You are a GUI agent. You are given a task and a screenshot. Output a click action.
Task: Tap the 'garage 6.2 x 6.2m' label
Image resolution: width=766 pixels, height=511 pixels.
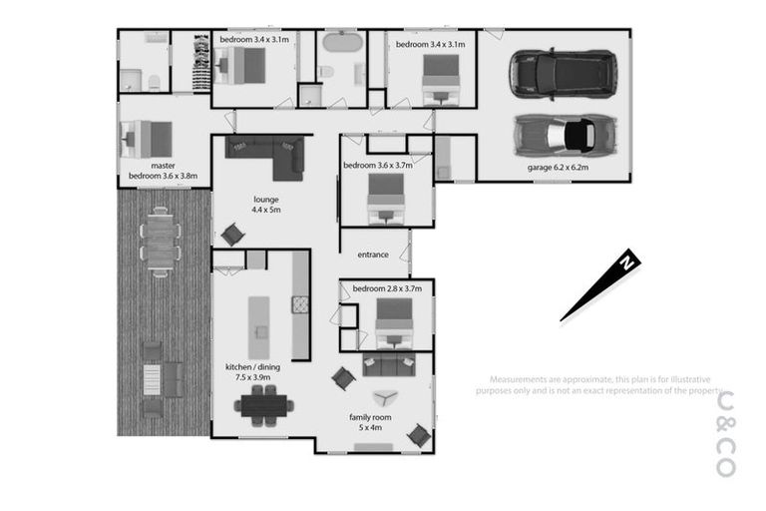point(558,169)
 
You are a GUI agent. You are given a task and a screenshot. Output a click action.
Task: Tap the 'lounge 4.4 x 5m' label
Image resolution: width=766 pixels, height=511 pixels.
point(265,205)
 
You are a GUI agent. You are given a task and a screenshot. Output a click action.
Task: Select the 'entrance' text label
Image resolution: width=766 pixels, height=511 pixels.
point(372,255)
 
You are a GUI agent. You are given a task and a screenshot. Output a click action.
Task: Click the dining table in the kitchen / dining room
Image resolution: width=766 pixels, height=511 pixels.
point(264,404)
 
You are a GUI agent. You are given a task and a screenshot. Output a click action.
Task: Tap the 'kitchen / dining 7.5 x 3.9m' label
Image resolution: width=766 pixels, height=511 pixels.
point(252,373)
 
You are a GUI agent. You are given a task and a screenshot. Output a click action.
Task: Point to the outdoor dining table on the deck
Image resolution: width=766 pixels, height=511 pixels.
point(160,241)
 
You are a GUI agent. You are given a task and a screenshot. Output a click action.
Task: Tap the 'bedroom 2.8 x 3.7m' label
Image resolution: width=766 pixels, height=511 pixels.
point(388,288)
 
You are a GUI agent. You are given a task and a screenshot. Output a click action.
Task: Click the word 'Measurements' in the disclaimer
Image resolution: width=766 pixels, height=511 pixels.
point(518,379)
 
